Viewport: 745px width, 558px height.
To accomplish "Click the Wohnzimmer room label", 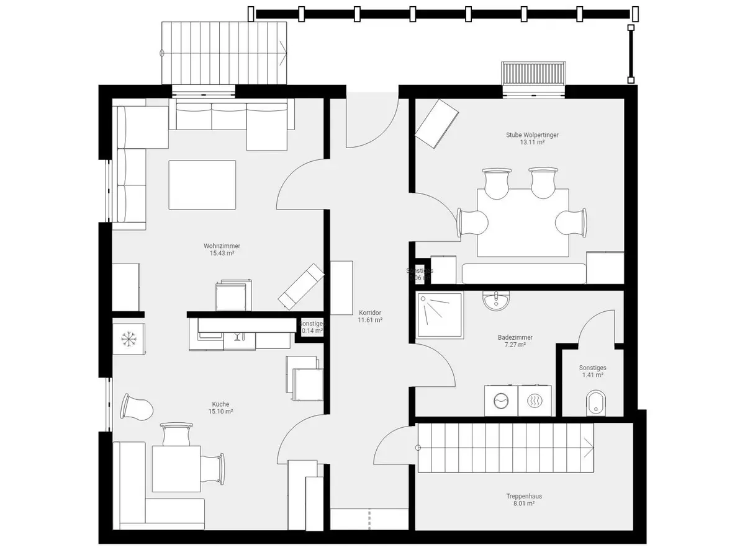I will click(x=222, y=246).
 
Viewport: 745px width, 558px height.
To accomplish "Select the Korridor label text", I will click(x=369, y=313).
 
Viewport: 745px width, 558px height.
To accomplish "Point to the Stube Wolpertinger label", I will click(x=532, y=135).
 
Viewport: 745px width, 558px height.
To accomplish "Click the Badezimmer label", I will click(x=515, y=337).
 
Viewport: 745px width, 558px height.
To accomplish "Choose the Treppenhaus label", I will click(x=520, y=496).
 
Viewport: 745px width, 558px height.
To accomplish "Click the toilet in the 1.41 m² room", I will click(x=596, y=402).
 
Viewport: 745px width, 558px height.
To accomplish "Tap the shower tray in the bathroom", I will click(x=440, y=314).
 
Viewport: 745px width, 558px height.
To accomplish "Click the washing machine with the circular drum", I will click(x=501, y=401).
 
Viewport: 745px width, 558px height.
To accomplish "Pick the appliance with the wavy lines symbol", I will click(x=535, y=401).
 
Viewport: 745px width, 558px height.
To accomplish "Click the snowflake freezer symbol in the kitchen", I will click(x=129, y=339).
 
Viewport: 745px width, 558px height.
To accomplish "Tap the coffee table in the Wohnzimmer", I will click(x=202, y=185).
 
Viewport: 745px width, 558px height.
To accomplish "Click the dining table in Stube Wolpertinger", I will click(x=523, y=222).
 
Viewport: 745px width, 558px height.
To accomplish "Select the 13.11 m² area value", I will click(x=532, y=142).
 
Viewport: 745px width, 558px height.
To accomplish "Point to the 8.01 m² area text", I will click(x=520, y=503).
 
